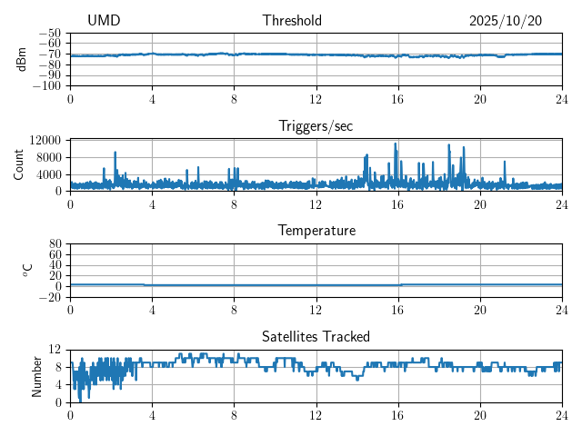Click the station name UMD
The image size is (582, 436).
104,21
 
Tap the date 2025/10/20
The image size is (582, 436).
506,21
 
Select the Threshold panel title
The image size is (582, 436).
292,21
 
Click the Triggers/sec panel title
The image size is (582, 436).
316,126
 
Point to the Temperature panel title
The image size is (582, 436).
316,231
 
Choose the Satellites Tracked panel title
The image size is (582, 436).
316,336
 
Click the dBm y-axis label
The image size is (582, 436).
22,59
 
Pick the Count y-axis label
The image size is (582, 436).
19,164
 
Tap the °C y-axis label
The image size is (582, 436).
27,270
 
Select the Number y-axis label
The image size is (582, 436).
37,375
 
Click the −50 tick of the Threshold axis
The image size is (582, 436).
49,33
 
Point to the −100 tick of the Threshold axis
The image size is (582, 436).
46,86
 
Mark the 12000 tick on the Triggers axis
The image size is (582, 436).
45,140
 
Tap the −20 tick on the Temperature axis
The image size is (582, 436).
49,297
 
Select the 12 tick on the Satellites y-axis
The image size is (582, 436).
55,350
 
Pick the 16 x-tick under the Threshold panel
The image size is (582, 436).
397,99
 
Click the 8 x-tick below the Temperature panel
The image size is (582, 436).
234,310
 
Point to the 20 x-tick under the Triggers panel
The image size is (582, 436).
479,204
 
